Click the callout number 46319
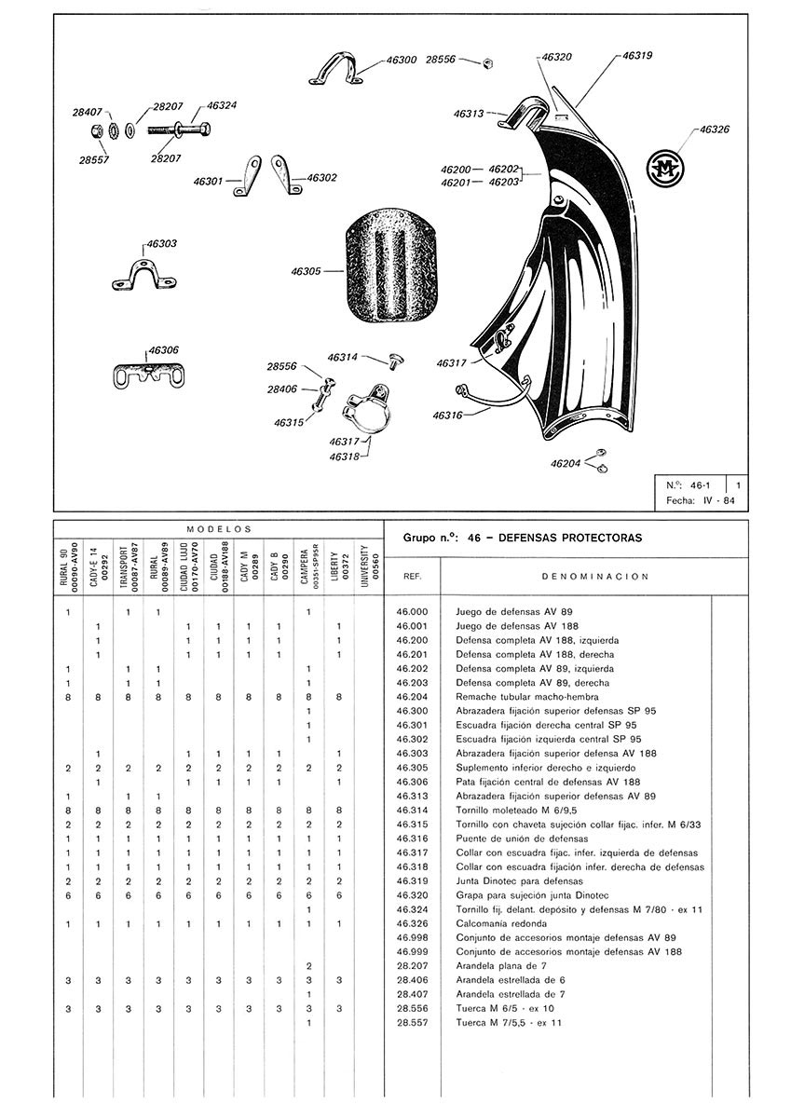[632, 56]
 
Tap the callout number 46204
[566, 463]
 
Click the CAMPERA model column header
[307, 565]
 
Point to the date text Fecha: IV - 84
[700, 500]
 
